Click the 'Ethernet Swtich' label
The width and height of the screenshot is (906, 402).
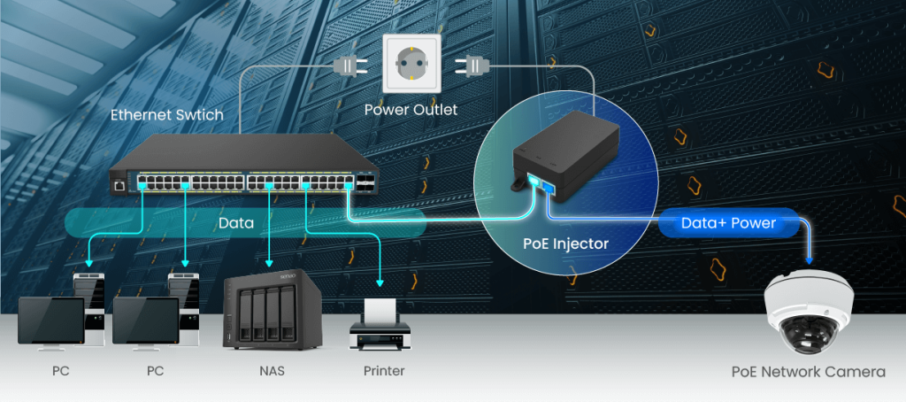pos(166,115)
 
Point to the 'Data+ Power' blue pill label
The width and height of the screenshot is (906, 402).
pos(727,223)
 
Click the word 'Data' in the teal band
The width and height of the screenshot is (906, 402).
pos(237,224)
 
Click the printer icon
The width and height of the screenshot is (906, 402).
pos(380,326)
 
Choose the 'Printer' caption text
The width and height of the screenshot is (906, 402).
pos(383,371)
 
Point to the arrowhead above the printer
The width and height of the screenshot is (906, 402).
pos(380,283)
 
